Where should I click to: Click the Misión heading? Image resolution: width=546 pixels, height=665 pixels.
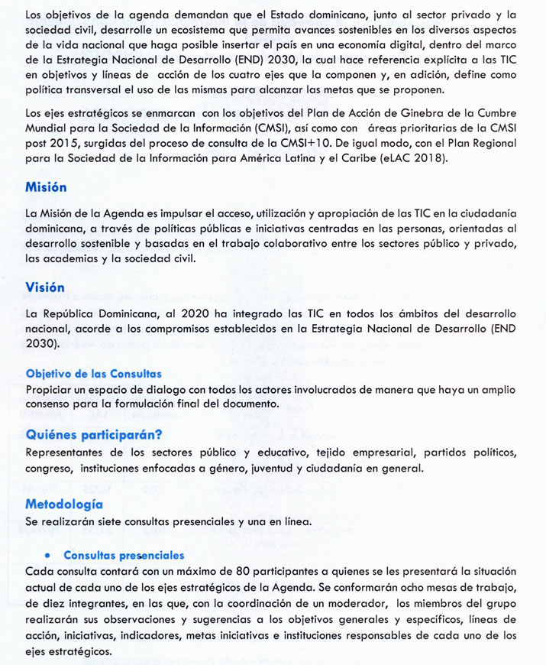[x=46, y=187]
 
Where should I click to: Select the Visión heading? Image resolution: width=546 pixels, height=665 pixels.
[x=45, y=287]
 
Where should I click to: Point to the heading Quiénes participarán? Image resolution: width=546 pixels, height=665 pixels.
[x=93, y=435]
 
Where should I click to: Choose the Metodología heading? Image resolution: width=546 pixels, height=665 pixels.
[x=64, y=504]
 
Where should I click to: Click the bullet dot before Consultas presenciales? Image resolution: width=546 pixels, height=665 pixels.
[x=47, y=556]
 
